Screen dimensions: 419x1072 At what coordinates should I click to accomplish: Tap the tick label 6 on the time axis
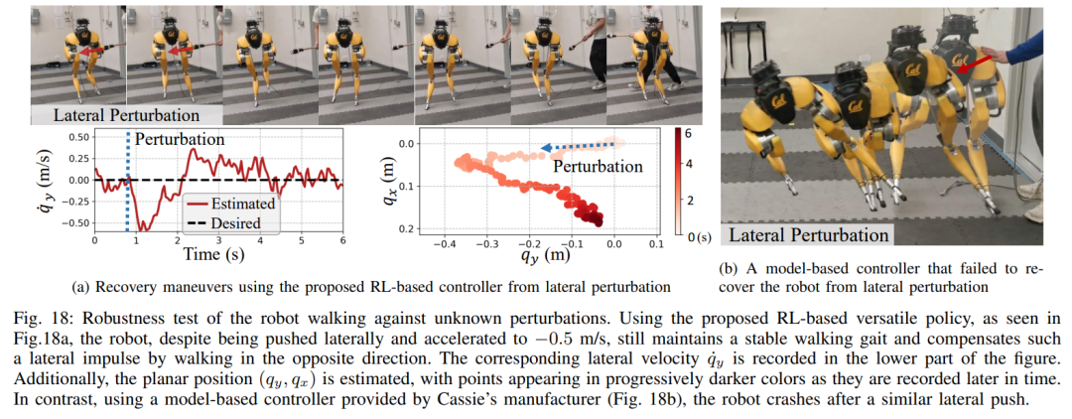pos(342,241)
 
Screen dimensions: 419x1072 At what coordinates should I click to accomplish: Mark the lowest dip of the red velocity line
pos(143,230)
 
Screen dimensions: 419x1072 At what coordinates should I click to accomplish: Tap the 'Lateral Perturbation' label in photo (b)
pos(808,235)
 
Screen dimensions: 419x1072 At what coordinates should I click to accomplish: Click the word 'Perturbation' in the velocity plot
pos(179,141)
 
